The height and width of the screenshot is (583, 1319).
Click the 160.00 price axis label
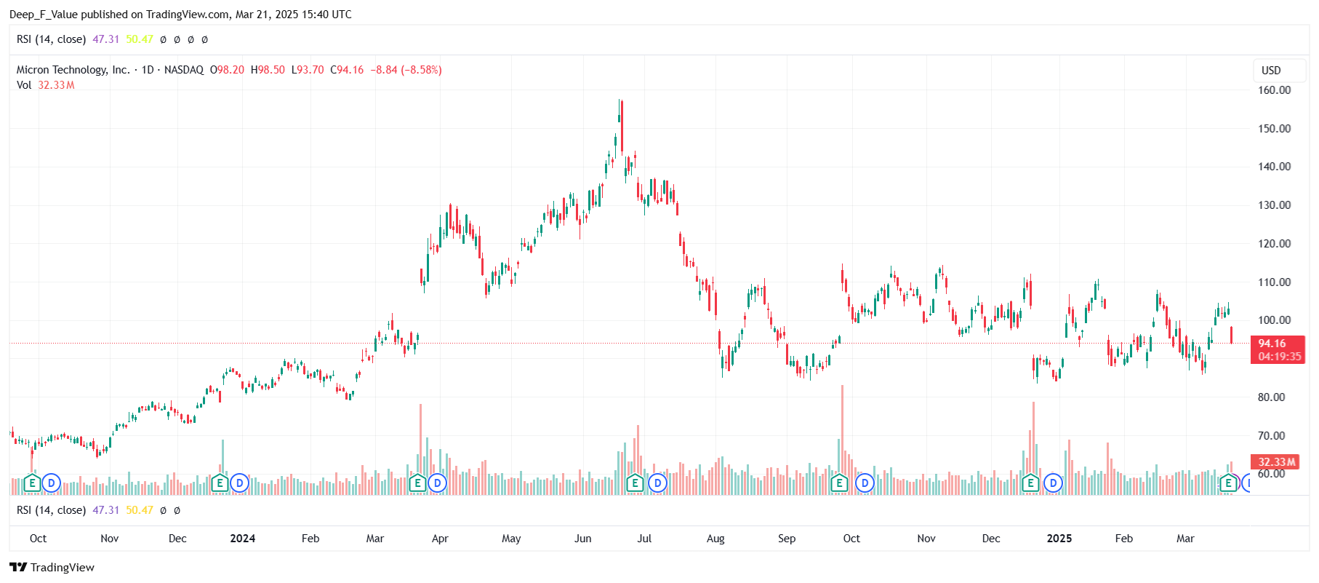(1274, 90)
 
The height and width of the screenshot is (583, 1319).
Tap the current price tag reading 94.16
(1272, 344)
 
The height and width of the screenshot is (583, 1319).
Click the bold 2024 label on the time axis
(242, 539)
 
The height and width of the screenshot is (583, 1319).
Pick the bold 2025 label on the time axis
(1059, 539)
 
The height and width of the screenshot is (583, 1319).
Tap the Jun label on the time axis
(582, 539)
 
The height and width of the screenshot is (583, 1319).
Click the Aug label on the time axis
(715, 539)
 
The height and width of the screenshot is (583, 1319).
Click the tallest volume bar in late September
(842, 437)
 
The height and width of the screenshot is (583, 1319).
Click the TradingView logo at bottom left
(52, 568)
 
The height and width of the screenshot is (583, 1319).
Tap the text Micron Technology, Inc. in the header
(73, 70)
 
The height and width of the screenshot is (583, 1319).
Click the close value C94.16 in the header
(347, 70)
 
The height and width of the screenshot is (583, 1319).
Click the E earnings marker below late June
(635, 483)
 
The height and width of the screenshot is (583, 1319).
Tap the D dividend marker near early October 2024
(865, 483)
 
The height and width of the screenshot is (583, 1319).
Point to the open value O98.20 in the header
(227, 70)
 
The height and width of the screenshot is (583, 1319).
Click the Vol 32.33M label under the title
(45, 85)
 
